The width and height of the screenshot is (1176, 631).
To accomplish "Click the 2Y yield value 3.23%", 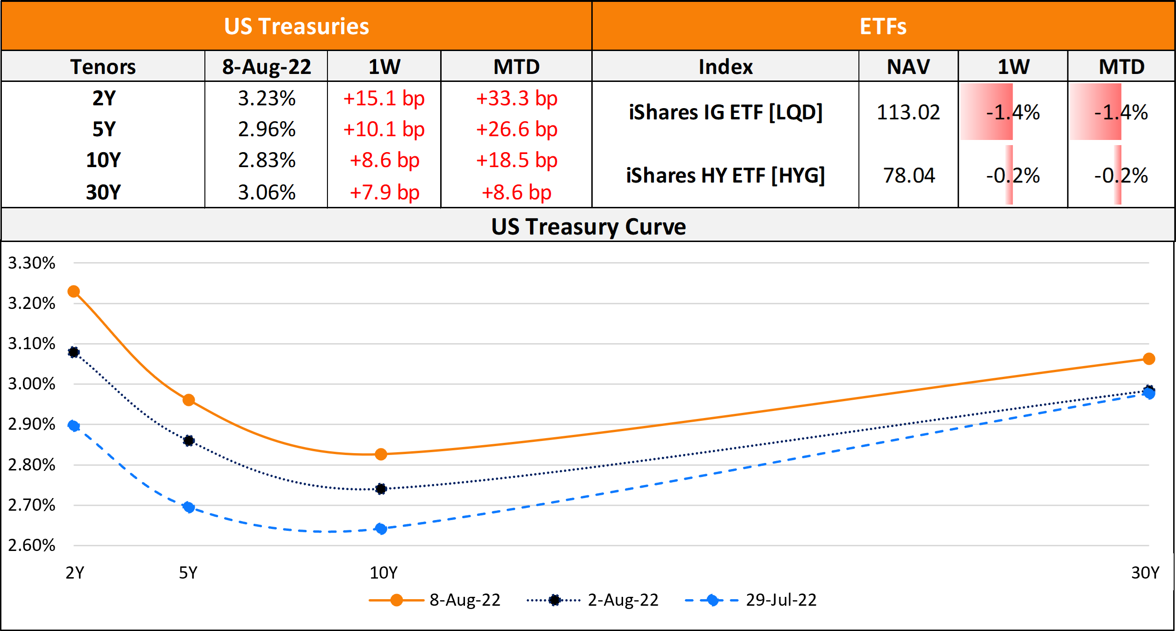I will point(267,98).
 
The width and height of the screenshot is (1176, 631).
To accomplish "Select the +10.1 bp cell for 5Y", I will point(384,129).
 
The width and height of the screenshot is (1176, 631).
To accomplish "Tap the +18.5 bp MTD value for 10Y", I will point(516,160).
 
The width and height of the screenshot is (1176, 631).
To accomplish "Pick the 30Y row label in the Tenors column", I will point(103,192).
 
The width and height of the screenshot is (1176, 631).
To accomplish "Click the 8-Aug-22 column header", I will point(267,66).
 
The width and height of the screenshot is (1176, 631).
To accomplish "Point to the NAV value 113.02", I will point(908,112).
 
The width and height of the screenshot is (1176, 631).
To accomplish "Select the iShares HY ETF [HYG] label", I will point(725,176).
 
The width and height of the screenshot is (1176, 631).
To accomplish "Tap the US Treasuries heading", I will point(297,26).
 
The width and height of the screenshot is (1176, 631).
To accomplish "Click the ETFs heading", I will point(883,26).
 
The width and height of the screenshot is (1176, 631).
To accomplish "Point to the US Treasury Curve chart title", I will point(588,227).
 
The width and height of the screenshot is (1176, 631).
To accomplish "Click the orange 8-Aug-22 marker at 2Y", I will point(73,292).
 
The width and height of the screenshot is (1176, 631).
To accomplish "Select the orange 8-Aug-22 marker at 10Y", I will point(381,454).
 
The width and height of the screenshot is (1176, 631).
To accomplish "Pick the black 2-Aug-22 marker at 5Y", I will point(189,440).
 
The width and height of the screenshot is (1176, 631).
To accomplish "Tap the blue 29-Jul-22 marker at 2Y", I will point(73,426).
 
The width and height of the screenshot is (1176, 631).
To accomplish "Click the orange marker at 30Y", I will point(1149,359).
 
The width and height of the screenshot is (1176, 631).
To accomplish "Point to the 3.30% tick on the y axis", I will point(32,263).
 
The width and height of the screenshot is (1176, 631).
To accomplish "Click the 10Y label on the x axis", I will point(384,572).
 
